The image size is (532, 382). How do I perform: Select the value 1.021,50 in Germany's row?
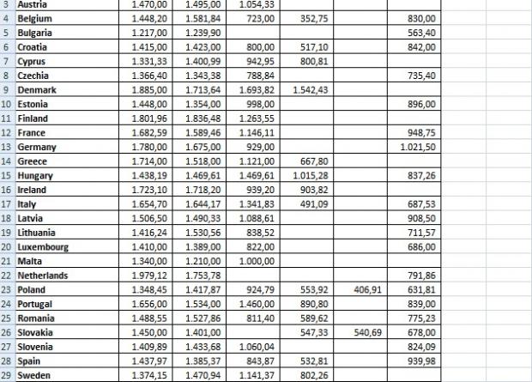418,147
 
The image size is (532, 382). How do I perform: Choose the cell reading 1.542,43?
310,89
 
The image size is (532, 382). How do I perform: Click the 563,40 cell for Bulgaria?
421,33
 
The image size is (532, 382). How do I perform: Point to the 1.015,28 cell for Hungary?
310,175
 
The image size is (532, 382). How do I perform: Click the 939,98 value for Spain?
421,361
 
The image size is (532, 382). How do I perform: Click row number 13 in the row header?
6,147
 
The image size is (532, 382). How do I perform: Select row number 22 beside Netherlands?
6,276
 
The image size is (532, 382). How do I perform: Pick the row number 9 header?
6,89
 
